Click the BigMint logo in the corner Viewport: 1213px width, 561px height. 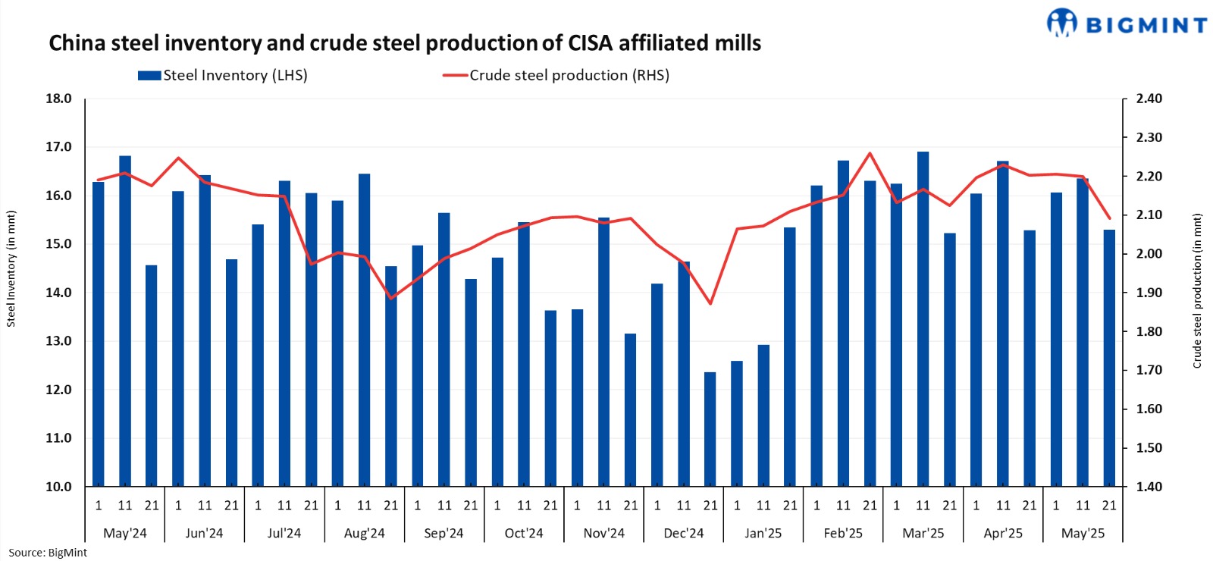click(x=1127, y=24)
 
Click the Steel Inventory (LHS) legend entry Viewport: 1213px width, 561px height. click(x=223, y=76)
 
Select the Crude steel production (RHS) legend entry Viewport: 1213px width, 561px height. click(x=556, y=76)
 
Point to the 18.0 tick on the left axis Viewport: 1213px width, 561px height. click(x=58, y=99)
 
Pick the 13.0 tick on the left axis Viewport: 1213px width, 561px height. click(x=58, y=341)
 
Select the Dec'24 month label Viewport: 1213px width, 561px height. click(x=683, y=533)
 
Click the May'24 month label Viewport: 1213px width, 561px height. click(x=125, y=533)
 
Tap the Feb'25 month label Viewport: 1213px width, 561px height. click(x=843, y=533)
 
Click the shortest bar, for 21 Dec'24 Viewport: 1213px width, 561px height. click(x=710, y=429)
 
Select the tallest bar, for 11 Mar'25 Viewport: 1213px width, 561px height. click(x=923, y=318)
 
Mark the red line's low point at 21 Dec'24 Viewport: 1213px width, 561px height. click(x=710, y=304)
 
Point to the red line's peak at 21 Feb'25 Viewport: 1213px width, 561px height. click(x=870, y=153)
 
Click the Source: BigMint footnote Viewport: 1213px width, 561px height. click(x=48, y=553)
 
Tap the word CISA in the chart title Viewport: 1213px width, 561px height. click(x=590, y=43)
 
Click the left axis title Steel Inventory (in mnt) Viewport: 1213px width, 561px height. click(x=11, y=269)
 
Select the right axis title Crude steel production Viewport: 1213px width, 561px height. click(x=1197, y=291)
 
